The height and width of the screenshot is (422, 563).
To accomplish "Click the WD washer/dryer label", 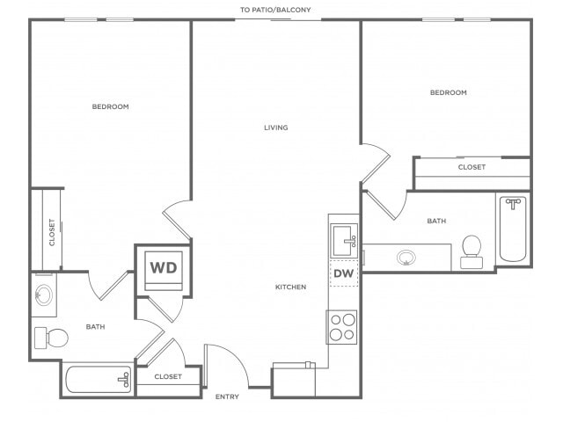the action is pyautogui.click(x=164, y=267).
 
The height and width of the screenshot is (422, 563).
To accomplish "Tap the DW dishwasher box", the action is pyautogui.click(x=344, y=273).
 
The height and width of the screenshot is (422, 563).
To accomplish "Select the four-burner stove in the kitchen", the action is pyautogui.click(x=341, y=327).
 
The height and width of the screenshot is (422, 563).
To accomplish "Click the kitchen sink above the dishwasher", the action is pyautogui.click(x=344, y=241).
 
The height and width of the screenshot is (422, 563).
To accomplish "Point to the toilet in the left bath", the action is pyautogui.click(x=51, y=338).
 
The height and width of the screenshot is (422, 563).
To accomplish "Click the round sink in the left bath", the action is pyautogui.click(x=44, y=295).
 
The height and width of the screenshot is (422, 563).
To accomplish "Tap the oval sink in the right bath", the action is pyautogui.click(x=406, y=258).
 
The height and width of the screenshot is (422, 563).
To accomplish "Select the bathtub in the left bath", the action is pyautogui.click(x=99, y=379).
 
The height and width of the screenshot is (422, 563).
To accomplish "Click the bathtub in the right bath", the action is pyautogui.click(x=513, y=229).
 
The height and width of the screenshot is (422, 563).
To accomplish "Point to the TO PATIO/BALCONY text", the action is pyautogui.click(x=275, y=10).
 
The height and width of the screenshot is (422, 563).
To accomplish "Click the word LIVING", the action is pyautogui.click(x=275, y=127).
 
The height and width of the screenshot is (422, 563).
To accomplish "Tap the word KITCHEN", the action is pyautogui.click(x=291, y=287).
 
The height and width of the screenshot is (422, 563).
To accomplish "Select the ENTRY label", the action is pyautogui.click(x=227, y=397).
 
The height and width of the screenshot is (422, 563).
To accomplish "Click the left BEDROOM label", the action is pyautogui.click(x=110, y=106).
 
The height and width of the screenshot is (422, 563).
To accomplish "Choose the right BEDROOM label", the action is pyautogui.click(x=449, y=92).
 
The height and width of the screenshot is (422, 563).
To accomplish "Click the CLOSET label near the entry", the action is pyautogui.click(x=168, y=376).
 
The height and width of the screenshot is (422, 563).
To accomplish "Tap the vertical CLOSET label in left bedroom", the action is pyautogui.click(x=52, y=232).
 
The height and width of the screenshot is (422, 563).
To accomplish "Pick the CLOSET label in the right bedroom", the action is pyautogui.click(x=472, y=167).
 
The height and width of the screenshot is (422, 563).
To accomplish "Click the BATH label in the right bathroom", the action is pyautogui.click(x=436, y=221).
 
